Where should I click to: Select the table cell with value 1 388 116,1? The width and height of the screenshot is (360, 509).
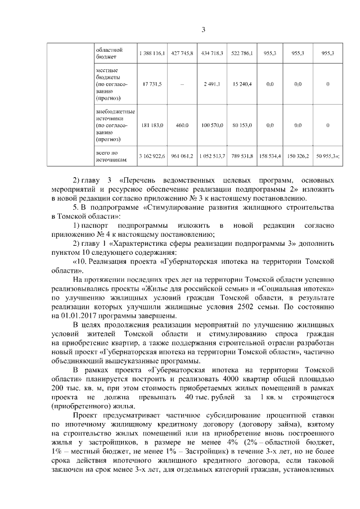point(151,53)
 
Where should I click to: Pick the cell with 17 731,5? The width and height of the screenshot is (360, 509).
point(151,84)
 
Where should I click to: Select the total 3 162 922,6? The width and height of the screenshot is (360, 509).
point(151,156)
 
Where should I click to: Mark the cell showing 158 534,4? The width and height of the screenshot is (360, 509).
point(269,156)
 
